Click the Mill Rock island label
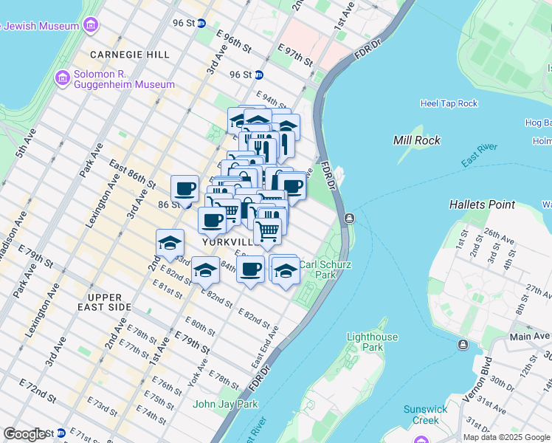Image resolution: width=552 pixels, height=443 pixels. [x=417, y=140]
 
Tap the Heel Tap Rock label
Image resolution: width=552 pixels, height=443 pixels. [x=449, y=103]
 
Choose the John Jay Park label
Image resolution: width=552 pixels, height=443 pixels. [x=225, y=404]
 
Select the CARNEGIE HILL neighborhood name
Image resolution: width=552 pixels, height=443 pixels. [x=130, y=55]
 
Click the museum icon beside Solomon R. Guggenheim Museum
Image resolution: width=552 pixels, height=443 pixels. [x=61, y=76]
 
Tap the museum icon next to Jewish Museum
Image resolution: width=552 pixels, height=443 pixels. [x=91, y=27]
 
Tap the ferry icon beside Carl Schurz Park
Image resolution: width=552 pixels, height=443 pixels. [x=349, y=219]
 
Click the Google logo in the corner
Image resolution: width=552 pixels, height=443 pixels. [x=24, y=434]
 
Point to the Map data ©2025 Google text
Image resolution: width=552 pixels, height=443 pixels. [x=506, y=437]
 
